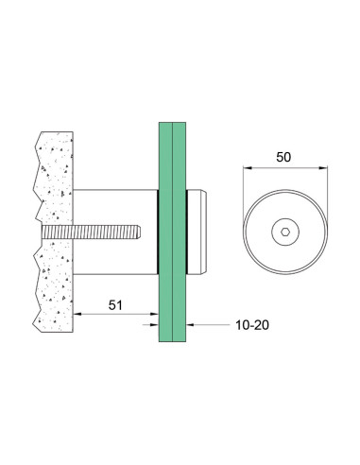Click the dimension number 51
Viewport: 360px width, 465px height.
click(115, 305)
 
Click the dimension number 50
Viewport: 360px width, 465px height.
click(283, 157)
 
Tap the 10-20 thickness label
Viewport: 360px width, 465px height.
click(252, 325)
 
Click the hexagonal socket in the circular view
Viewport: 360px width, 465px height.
click(285, 232)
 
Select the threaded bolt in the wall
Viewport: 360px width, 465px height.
click(91, 232)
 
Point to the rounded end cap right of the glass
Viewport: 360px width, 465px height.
click(197, 232)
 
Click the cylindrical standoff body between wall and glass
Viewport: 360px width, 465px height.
click(115, 232)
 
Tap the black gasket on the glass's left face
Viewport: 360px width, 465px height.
click(158, 232)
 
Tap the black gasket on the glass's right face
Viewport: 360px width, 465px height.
click(187, 232)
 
